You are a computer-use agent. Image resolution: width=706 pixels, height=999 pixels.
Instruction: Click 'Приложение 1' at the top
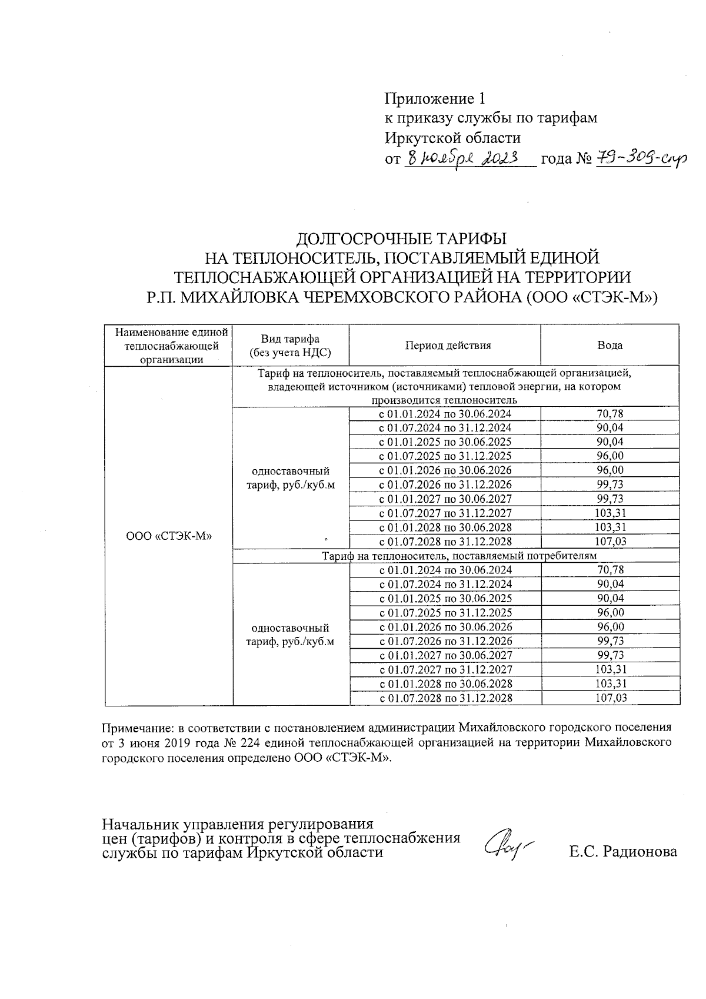tap(436, 98)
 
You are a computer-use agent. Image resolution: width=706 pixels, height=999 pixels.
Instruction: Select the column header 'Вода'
tap(610, 346)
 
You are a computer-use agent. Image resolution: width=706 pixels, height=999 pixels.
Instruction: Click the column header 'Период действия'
tap(444, 346)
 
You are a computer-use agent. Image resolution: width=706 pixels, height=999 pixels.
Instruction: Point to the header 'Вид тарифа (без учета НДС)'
tap(291, 346)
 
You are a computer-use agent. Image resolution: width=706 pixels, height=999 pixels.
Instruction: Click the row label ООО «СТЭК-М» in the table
tap(169, 536)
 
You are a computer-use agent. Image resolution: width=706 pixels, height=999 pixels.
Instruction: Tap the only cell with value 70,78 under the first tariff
tap(610, 414)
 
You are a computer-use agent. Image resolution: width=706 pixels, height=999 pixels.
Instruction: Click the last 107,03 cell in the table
tap(610, 698)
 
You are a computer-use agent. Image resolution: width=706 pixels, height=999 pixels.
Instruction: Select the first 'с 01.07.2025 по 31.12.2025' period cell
tap(444, 456)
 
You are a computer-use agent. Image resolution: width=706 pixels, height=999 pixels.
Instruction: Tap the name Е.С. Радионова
tap(623, 851)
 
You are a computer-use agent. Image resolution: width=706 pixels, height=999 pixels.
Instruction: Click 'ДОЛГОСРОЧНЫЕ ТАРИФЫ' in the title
tap(401, 238)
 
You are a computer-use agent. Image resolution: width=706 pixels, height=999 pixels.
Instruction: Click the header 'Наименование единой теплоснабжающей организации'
tap(169, 346)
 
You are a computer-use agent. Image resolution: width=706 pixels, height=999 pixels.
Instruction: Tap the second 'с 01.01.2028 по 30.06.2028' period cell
tap(444, 684)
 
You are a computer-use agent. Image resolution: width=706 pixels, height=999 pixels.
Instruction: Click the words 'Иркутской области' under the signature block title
tap(316, 852)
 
